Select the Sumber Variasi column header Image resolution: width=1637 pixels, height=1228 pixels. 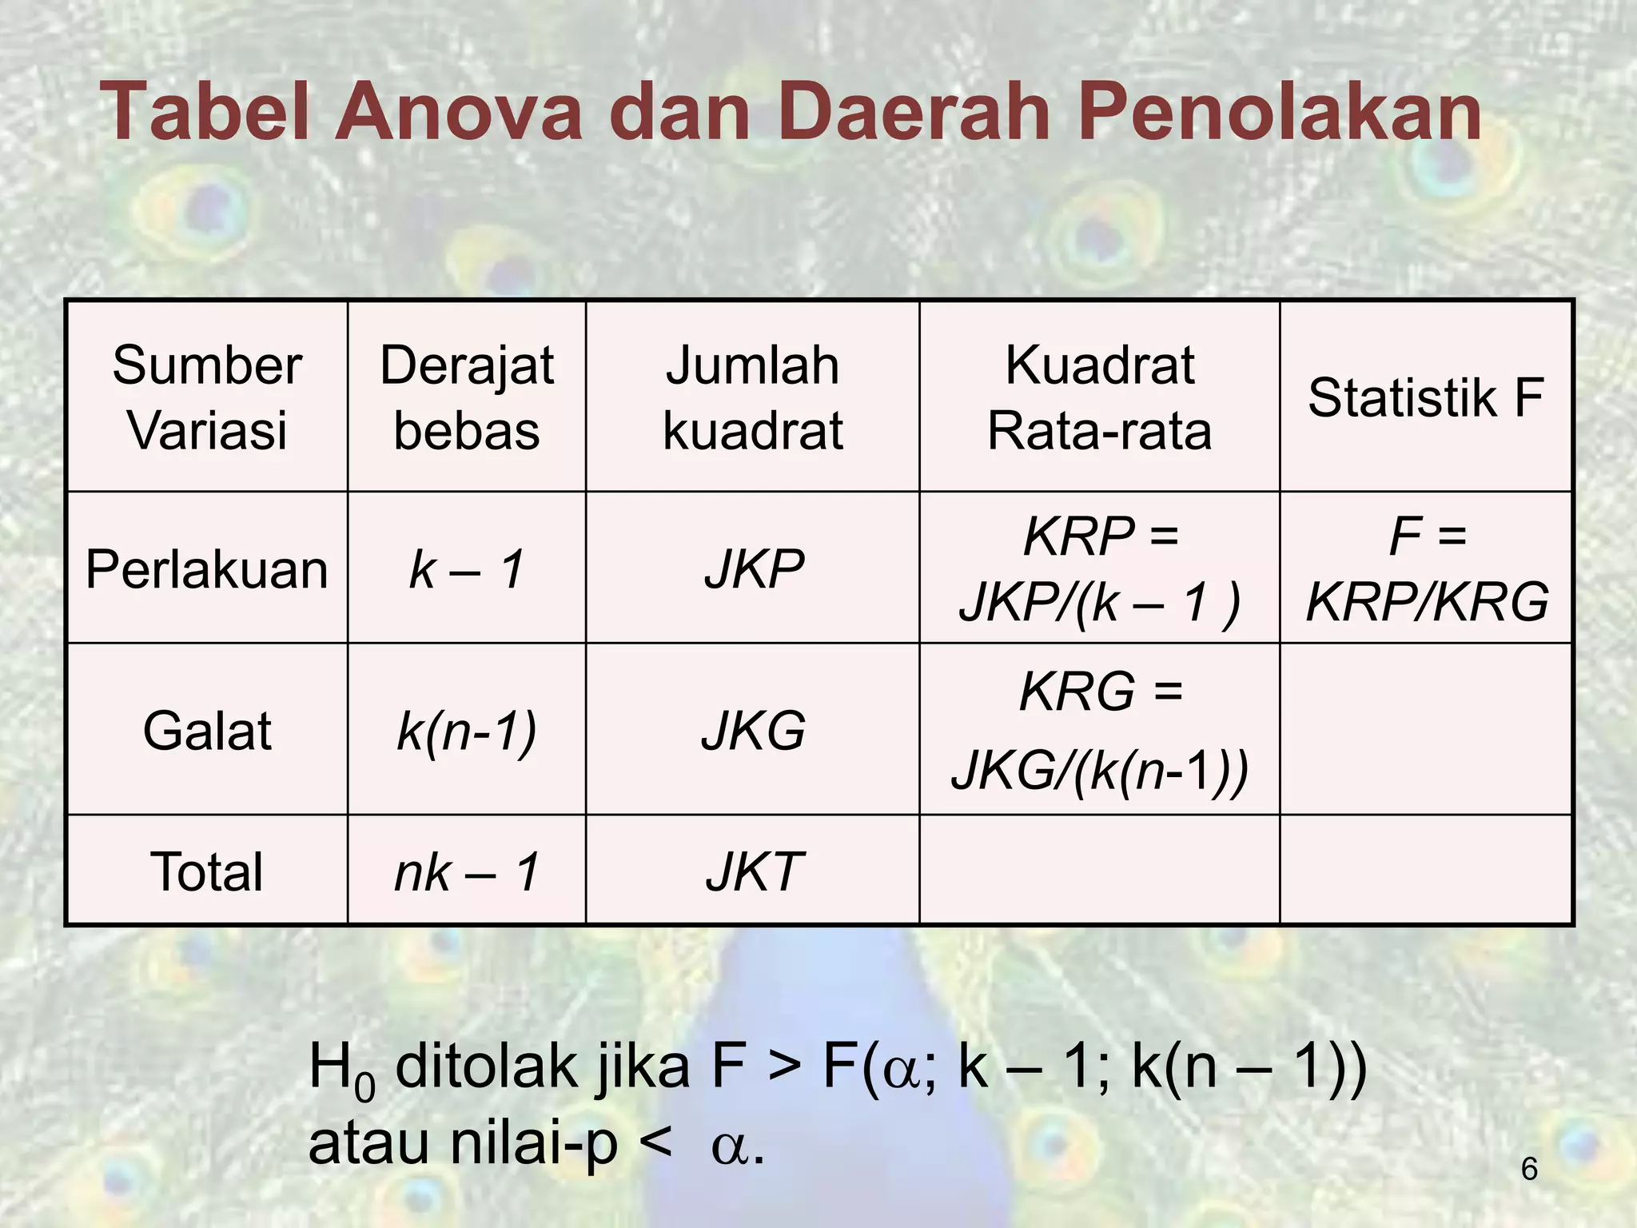(207, 397)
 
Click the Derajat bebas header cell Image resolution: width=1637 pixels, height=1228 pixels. (467, 397)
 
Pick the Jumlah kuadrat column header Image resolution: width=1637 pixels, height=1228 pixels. (752, 397)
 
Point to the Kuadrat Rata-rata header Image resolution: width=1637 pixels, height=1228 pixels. (1099, 397)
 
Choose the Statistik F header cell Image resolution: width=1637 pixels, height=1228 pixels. (1426, 397)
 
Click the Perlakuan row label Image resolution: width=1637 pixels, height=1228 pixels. (207, 569)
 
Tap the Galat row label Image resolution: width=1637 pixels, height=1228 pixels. (207, 730)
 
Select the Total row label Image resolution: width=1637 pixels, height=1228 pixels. (207, 871)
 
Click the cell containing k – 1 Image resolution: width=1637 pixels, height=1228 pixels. (467, 569)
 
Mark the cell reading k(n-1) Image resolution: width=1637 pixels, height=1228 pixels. (467, 730)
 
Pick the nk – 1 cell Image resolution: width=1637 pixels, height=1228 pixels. (467, 871)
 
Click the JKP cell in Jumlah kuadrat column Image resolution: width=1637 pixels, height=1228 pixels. (754, 569)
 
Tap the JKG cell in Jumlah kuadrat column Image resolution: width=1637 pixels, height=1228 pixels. (754, 730)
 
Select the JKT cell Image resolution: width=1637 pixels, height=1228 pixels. (754, 871)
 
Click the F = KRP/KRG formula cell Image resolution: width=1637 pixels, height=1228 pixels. (1427, 568)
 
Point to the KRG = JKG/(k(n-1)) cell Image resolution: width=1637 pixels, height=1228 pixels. (1100, 730)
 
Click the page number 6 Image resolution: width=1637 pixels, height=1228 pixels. (1528, 1169)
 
